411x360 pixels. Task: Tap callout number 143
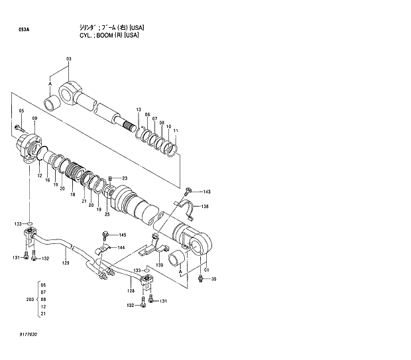click(x=206, y=192)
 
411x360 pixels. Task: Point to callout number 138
click(x=206, y=207)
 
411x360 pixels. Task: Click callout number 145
click(x=122, y=235)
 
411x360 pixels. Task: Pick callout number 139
click(x=159, y=265)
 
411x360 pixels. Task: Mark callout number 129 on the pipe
click(x=66, y=263)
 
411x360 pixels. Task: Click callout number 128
click(x=131, y=290)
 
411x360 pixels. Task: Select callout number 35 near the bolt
click(x=213, y=279)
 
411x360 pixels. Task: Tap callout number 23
click(x=124, y=178)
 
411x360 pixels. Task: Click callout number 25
click(x=107, y=213)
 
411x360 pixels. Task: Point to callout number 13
click(x=139, y=109)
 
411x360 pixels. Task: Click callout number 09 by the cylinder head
click(x=34, y=118)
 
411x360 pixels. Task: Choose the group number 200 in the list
click(x=29, y=300)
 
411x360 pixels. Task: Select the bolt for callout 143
click(x=189, y=190)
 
